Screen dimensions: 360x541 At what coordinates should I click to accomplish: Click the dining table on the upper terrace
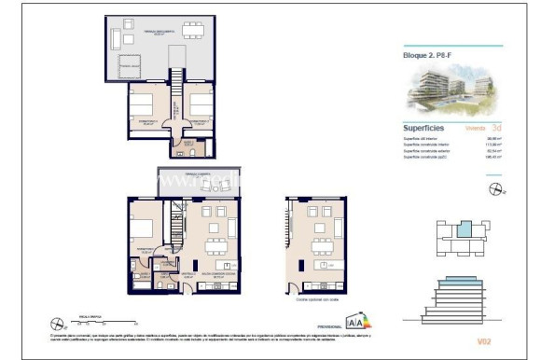[x=194, y=30]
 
